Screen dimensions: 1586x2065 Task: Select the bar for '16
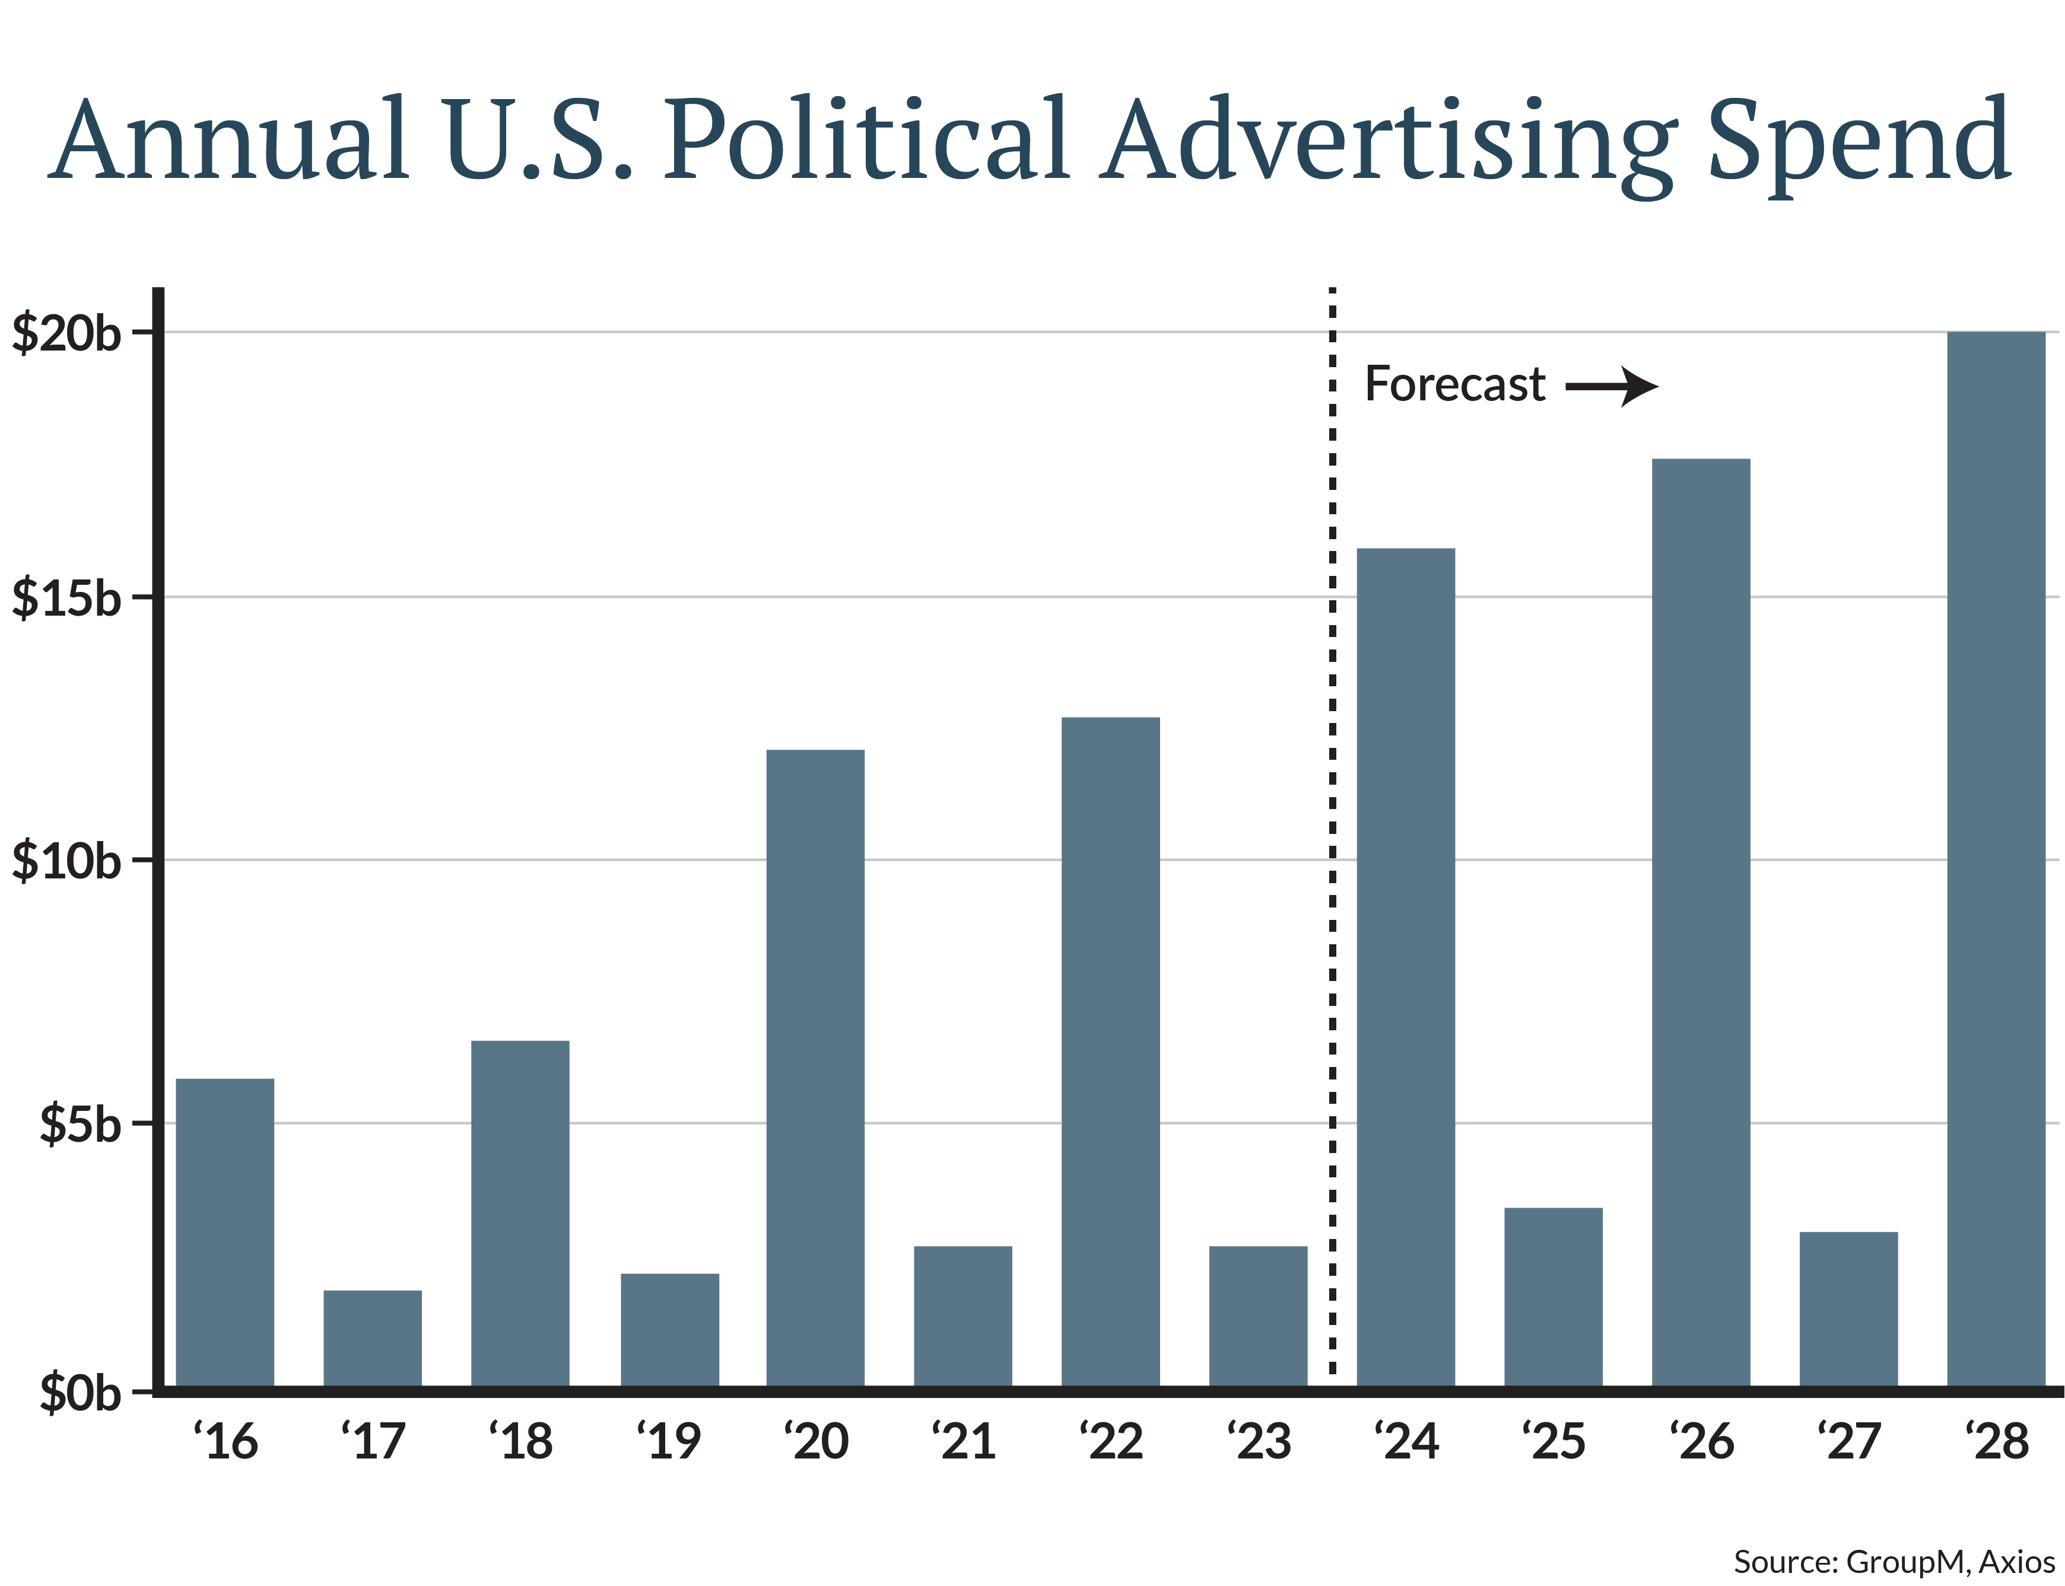(x=225, y=1232)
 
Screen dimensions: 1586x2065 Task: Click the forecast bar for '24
(x=1405, y=967)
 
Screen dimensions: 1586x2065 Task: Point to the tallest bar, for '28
(x=1996, y=859)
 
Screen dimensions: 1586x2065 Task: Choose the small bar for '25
(x=1553, y=1296)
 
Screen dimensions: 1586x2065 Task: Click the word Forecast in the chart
(x=1455, y=384)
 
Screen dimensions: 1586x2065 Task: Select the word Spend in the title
(x=1858, y=142)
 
